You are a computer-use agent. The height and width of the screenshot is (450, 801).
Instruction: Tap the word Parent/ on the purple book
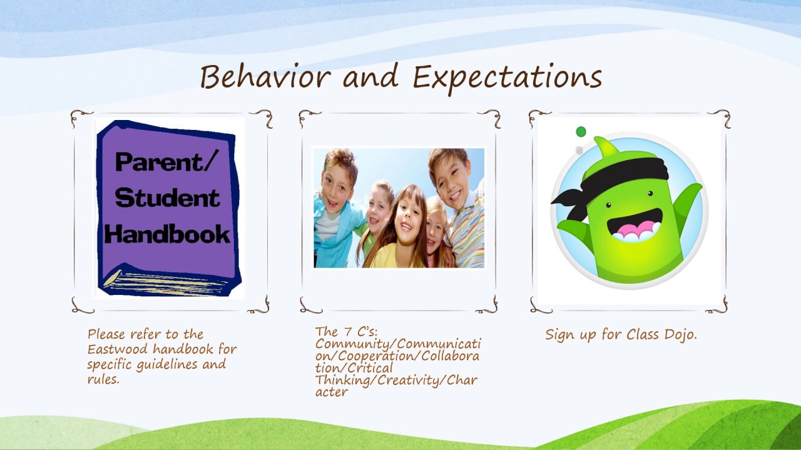pyautogui.click(x=166, y=162)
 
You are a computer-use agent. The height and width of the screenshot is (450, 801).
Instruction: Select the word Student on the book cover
pyautogui.click(x=167, y=198)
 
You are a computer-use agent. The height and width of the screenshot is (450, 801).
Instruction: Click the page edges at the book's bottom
pyautogui.click(x=169, y=282)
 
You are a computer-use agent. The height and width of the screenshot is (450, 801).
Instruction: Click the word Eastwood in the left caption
pyautogui.click(x=116, y=349)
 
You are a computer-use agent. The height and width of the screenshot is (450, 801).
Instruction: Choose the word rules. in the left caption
pyautogui.click(x=103, y=379)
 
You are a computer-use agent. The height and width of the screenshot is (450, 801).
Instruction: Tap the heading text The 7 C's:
pyautogui.click(x=351, y=332)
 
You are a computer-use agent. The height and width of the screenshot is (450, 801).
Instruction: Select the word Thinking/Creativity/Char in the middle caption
pyautogui.click(x=396, y=380)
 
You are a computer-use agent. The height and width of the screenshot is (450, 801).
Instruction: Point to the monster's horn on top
pyautogui.click(x=606, y=148)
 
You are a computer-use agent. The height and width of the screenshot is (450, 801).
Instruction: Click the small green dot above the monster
pyautogui.click(x=581, y=132)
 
